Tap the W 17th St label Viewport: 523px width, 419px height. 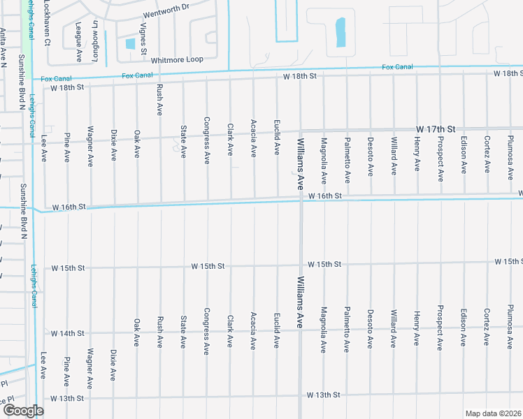(x=436, y=130)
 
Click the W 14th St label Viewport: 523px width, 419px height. (x=68, y=334)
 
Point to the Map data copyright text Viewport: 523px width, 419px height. (x=493, y=413)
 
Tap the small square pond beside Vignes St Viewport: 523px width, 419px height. (x=130, y=43)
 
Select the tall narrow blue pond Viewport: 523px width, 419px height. (x=341, y=32)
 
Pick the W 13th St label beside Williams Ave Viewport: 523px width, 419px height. (x=324, y=395)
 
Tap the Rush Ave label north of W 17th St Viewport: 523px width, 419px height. (x=160, y=99)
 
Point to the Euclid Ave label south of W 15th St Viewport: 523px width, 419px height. (x=277, y=332)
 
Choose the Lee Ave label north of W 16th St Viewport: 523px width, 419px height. (x=44, y=149)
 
